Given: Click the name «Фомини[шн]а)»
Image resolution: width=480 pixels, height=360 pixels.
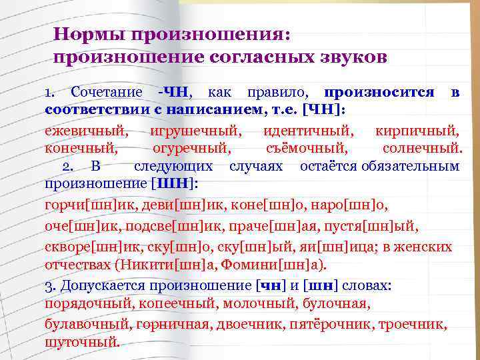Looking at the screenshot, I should [x=276, y=265].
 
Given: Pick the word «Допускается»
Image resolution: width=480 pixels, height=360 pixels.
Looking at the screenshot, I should [x=110, y=285].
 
